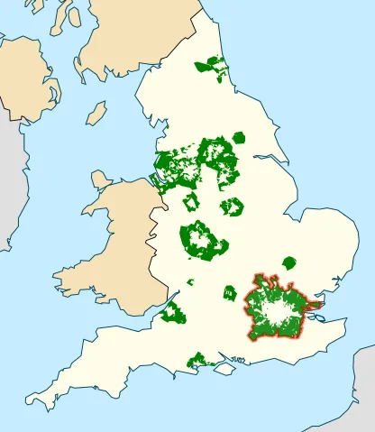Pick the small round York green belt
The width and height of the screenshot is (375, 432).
[239, 138]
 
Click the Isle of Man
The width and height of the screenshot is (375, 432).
[97, 113]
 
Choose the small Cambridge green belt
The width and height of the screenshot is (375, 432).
[289, 262]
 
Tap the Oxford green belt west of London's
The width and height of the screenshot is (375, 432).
[230, 293]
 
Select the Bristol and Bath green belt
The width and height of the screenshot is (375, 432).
[172, 314]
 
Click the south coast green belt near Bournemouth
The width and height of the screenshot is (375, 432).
[197, 362]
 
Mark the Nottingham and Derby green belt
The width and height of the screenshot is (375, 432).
[233, 207]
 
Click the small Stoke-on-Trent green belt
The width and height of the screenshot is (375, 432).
[190, 201]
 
